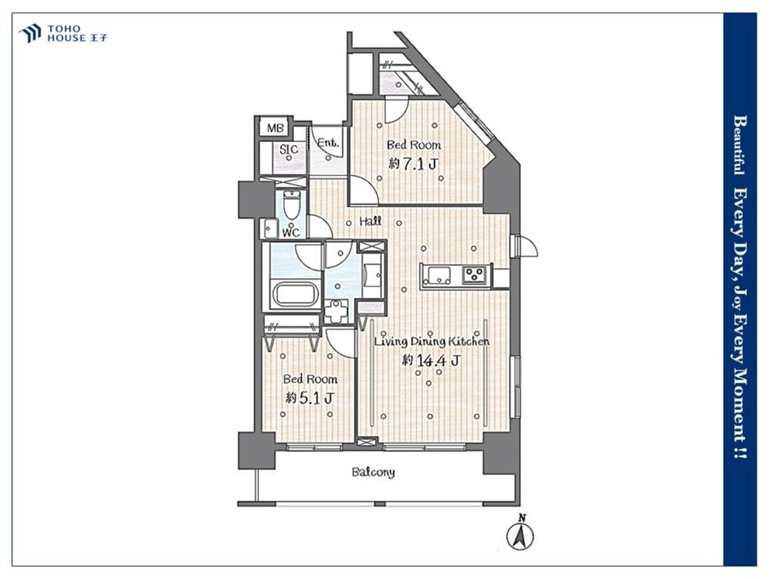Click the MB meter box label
coord(276,128)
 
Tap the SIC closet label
coord(288,149)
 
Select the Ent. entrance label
coord(328,144)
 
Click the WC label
coord(291,232)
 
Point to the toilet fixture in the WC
coord(292,205)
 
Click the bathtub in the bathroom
coord(295,294)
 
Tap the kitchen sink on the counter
coord(438,275)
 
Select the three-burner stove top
coord(475,275)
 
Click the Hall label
coord(371,221)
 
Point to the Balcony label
coord(373,472)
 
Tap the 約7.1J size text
coord(412,164)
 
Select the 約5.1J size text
coord(310,398)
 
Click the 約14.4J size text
coord(432,361)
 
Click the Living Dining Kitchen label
coord(432,341)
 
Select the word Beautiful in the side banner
coord(740,146)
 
